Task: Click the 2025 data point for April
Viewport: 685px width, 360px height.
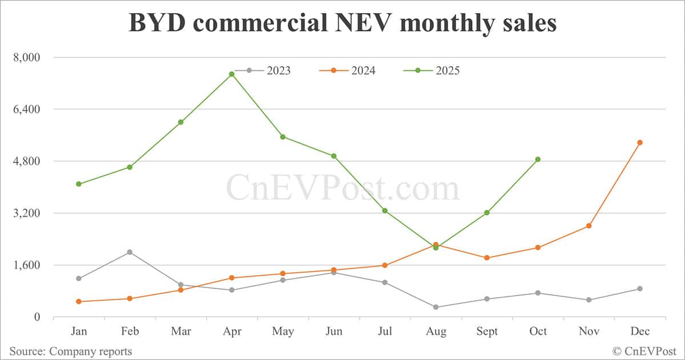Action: (x=232, y=74)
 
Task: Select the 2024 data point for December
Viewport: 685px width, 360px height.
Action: (x=640, y=143)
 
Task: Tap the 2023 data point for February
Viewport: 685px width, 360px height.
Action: (x=130, y=252)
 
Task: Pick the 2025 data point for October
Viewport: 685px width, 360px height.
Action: (x=538, y=160)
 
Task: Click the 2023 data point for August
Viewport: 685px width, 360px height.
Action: (x=436, y=307)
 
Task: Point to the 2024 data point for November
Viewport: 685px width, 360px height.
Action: (x=589, y=226)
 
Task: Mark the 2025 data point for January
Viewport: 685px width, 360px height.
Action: (x=79, y=184)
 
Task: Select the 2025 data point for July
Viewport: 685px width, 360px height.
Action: (x=385, y=211)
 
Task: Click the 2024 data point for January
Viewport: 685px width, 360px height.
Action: (x=79, y=301)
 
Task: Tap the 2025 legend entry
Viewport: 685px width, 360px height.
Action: (x=432, y=71)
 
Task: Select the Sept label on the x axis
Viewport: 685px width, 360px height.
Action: (x=486, y=331)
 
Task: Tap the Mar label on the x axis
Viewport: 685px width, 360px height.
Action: (x=180, y=331)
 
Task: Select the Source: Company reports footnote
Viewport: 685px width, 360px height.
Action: (x=70, y=351)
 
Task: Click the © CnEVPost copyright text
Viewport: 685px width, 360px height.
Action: (x=644, y=351)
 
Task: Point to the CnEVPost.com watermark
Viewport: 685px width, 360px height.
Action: (x=342, y=188)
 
